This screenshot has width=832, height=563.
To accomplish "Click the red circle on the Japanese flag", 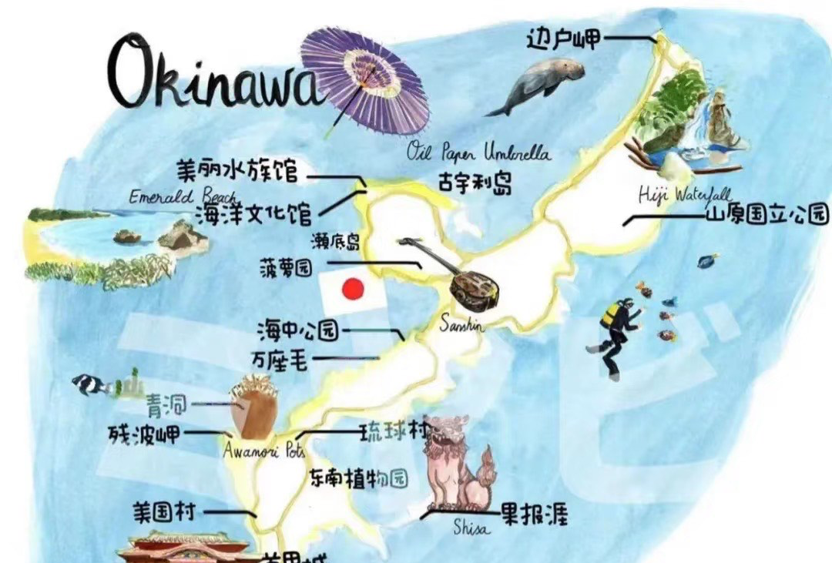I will (x=353, y=289).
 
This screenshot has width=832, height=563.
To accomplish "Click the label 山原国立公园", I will (x=767, y=214).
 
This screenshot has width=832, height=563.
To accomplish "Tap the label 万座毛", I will (x=279, y=360).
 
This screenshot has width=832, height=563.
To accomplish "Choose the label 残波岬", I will (x=145, y=434).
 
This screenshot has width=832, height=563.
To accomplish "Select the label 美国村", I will (x=164, y=512).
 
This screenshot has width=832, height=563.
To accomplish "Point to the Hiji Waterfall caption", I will (x=685, y=194).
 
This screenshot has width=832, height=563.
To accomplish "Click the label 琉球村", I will (x=393, y=432).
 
